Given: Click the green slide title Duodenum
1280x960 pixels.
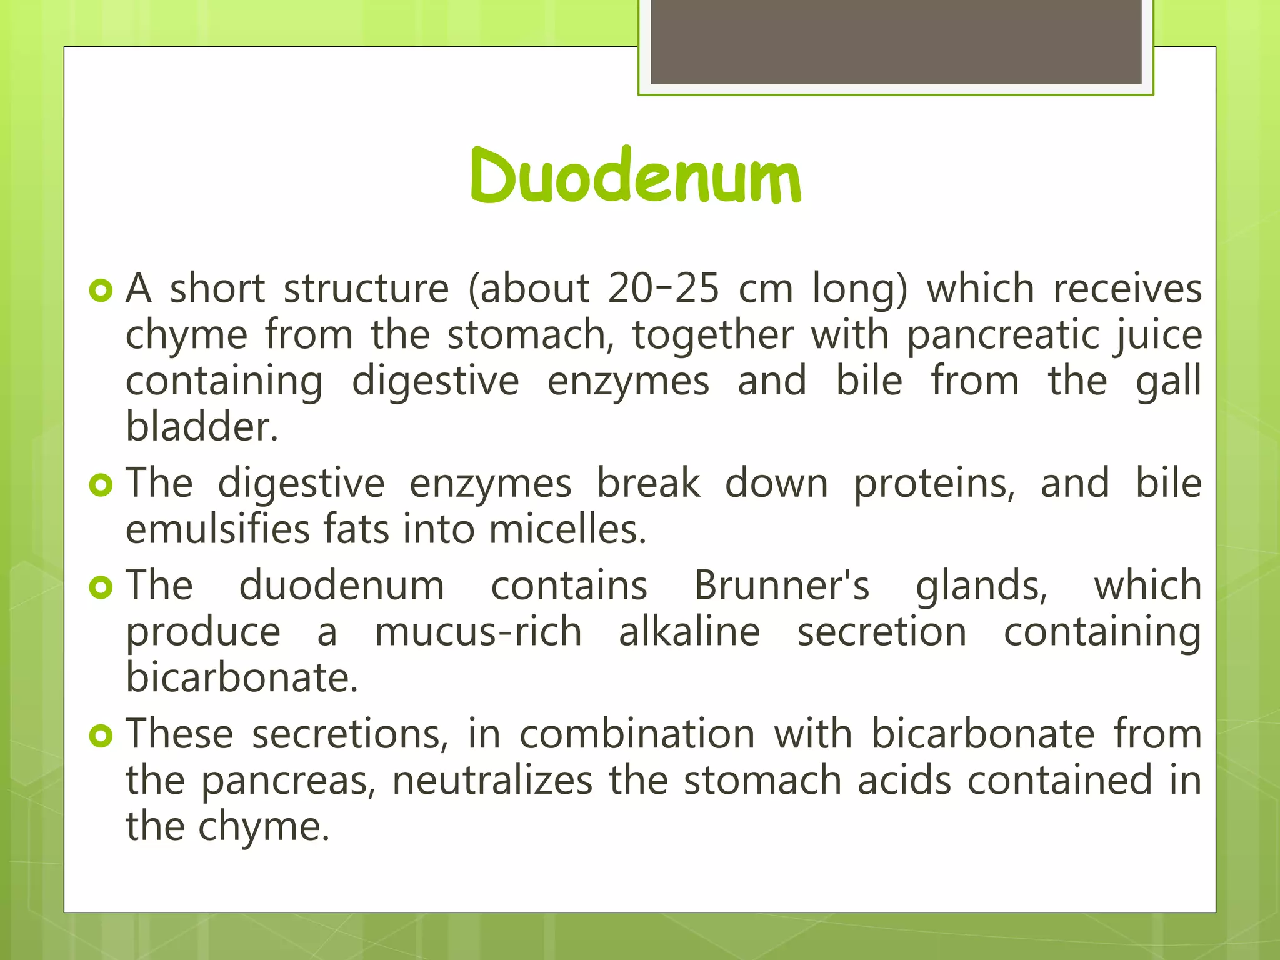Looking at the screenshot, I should (x=635, y=176).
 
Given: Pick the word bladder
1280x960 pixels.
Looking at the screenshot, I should (x=201, y=427).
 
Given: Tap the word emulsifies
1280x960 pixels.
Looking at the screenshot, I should (x=217, y=529).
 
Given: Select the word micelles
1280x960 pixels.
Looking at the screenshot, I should (x=567, y=529).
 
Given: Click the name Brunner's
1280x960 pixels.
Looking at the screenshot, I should (x=781, y=586).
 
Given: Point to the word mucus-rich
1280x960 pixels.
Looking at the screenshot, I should (x=478, y=632).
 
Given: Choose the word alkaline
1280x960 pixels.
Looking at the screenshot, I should (x=689, y=632).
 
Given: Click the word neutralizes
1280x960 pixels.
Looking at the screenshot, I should (x=492, y=781).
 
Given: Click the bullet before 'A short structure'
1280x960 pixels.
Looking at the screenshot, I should (x=101, y=290).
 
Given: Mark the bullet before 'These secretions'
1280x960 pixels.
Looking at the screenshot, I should (x=101, y=736).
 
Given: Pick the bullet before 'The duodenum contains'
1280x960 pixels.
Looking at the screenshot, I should (x=101, y=587).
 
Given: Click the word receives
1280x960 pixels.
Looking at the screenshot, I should (x=1127, y=289).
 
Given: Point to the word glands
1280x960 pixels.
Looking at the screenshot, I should (x=981, y=587).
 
